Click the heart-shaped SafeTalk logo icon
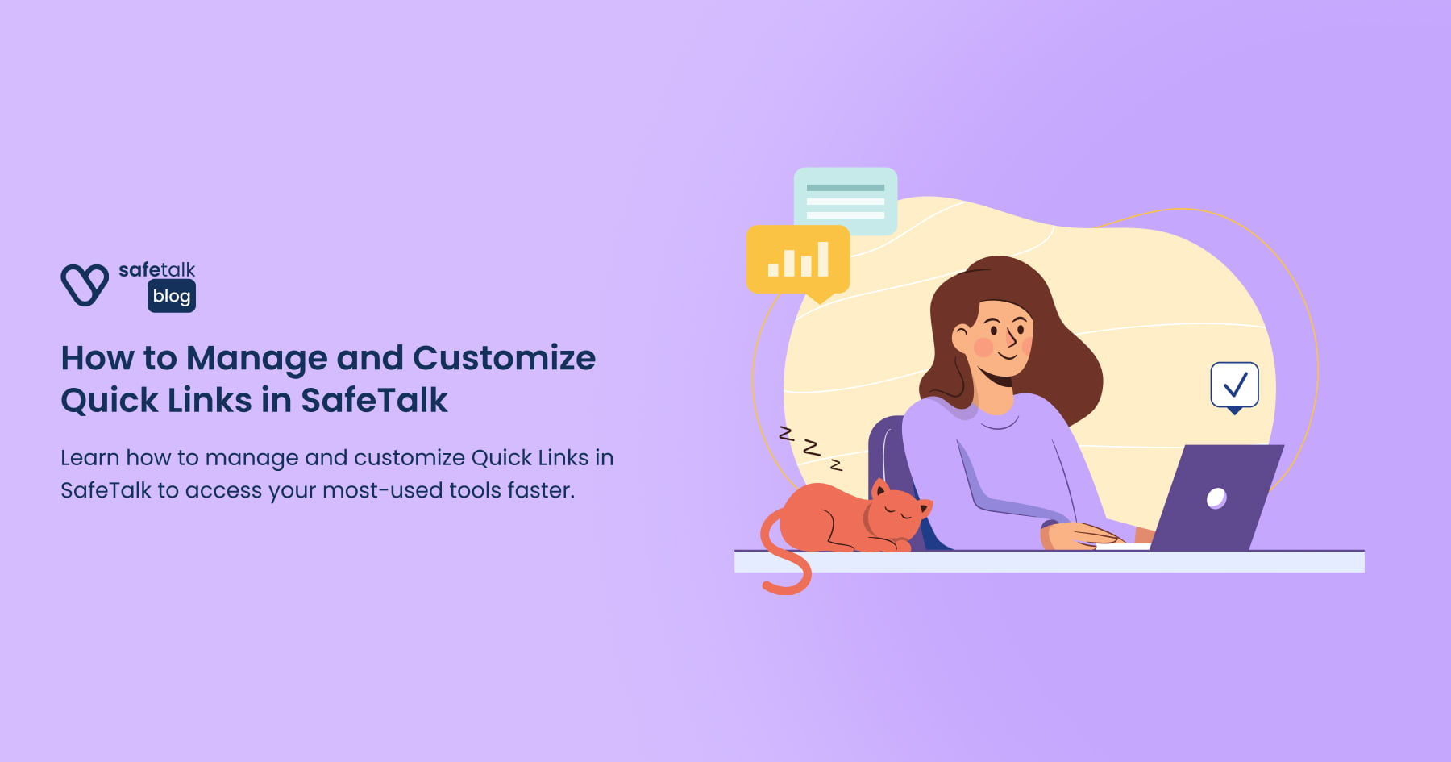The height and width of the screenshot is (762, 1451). tap(84, 285)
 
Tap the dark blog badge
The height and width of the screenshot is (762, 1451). tap(172, 296)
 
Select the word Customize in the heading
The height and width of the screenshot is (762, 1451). tap(504, 357)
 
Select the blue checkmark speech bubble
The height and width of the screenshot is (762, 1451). tap(1234, 386)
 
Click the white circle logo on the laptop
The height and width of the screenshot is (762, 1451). tap(1216, 498)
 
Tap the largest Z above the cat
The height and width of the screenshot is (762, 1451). tap(811, 448)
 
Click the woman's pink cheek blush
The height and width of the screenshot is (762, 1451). tap(983, 347)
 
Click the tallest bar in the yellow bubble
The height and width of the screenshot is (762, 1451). tap(822, 260)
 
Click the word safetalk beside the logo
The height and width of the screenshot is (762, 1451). tap(157, 269)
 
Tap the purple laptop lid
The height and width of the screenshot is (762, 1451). tap(1217, 498)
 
